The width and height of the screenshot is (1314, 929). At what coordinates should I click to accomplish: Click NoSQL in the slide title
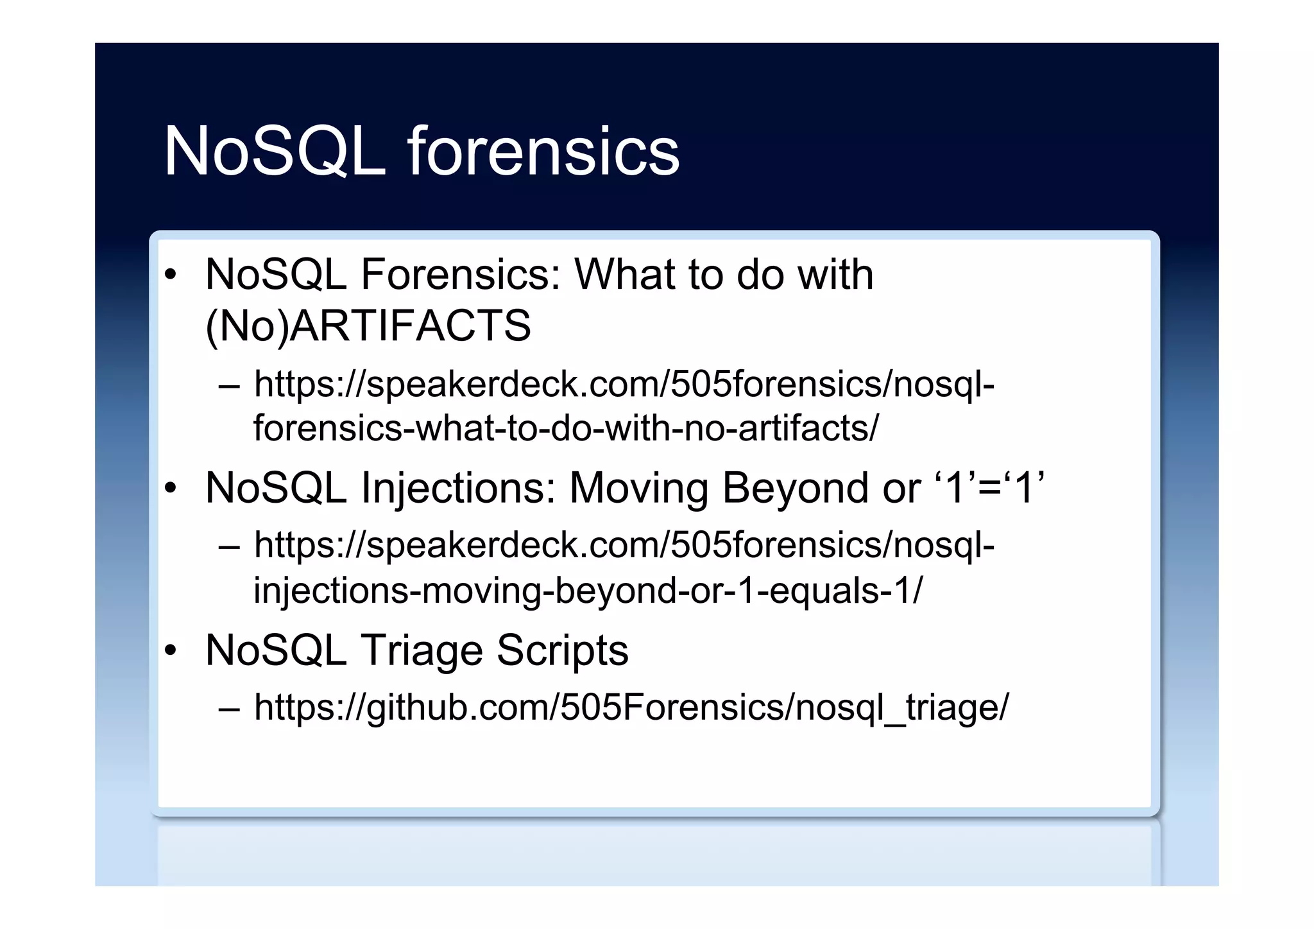coord(275,152)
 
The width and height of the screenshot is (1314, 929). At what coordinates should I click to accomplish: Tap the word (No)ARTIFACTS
coord(368,326)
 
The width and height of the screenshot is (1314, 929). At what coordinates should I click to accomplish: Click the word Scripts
coord(562,650)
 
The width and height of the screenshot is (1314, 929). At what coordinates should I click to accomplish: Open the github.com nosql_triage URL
coord(631,707)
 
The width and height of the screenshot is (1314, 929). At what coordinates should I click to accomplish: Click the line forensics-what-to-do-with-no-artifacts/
coord(566,428)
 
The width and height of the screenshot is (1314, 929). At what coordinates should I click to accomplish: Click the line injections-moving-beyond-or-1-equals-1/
coord(588,590)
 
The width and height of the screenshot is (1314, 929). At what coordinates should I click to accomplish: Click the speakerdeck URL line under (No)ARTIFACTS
coord(624,384)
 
